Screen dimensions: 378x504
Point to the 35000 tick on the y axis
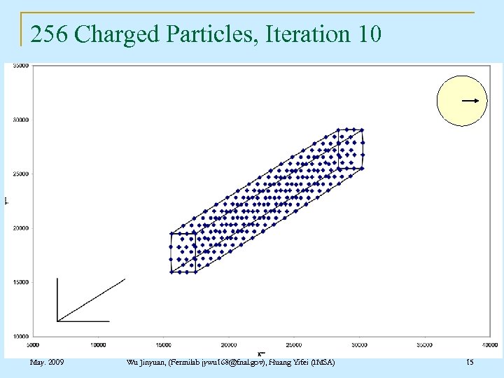[20, 66]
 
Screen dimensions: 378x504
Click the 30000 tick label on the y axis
[20, 120]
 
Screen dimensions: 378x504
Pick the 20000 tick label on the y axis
[20, 228]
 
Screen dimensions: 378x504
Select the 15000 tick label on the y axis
[20, 282]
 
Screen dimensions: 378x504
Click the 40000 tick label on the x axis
[490, 344]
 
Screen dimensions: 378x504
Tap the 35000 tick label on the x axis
[425, 344]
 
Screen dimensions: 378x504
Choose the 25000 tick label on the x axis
[294, 344]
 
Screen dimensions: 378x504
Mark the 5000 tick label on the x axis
[33, 344]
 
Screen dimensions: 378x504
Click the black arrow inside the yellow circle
[470, 101]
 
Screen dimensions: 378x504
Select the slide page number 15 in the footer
[470, 362]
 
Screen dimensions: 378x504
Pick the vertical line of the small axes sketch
[57, 300]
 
